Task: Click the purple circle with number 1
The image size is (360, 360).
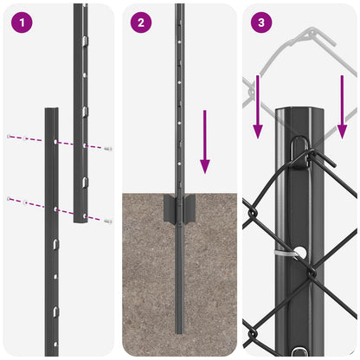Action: pyautogui.click(x=21, y=23)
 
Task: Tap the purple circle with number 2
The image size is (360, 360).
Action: pyautogui.click(x=141, y=23)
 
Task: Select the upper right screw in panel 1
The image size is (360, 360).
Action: pyautogui.click(x=108, y=149)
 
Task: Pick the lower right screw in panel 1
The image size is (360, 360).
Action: pyautogui.click(x=108, y=222)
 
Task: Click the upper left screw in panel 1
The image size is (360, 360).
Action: pyautogui.click(x=9, y=137)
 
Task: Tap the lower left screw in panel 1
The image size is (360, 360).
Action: pyautogui.click(x=9, y=199)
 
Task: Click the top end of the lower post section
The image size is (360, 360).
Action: pyautogui.click(x=52, y=111)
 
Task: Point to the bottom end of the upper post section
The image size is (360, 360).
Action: pyautogui.click(x=80, y=222)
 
